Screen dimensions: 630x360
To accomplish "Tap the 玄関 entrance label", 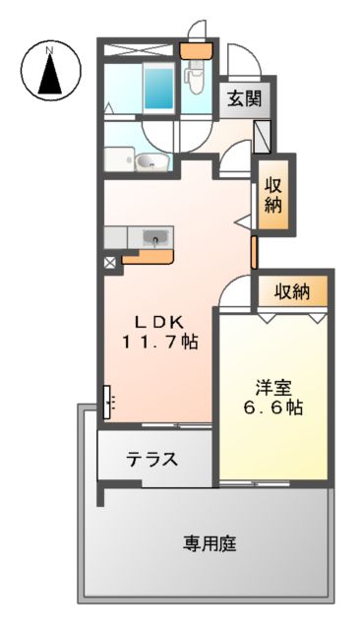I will click(243, 98).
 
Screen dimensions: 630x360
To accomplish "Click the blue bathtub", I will click(158, 88).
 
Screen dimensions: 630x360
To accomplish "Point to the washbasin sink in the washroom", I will click(151, 162).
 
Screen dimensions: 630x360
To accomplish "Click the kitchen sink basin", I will click(155, 237).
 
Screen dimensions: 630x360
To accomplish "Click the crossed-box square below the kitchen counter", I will click(109, 263).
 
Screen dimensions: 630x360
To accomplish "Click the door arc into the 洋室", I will click(236, 292).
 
